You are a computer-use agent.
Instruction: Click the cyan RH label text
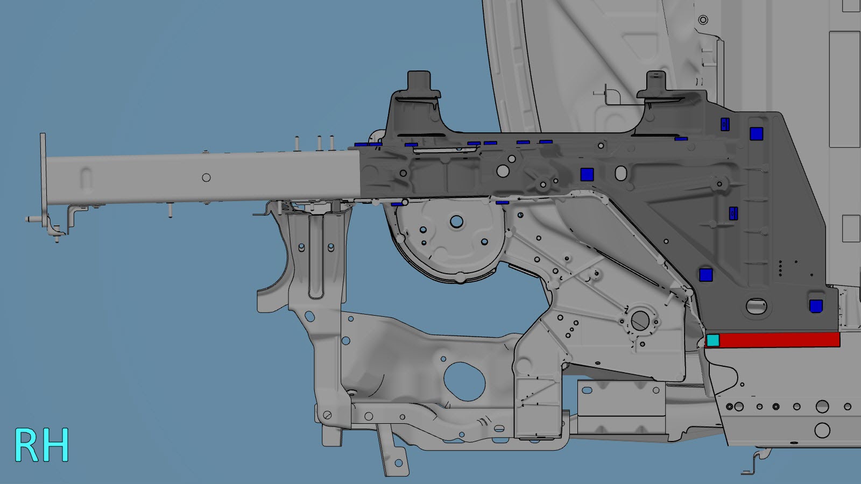tap(41, 445)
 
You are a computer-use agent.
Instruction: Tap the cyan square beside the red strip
tap(713, 340)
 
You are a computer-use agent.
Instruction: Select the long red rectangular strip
tap(780, 340)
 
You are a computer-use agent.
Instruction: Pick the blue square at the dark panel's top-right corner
tap(756, 134)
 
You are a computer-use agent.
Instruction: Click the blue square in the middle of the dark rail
tap(587, 174)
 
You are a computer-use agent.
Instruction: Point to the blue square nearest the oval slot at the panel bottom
tap(816, 306)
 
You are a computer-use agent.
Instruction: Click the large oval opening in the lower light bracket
tap(464, 381)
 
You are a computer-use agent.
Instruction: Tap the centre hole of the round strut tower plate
tap(457, 222)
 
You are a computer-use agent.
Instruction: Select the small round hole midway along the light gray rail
tap(207, 177)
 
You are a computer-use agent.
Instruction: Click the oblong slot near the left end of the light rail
tap(86, 178)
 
